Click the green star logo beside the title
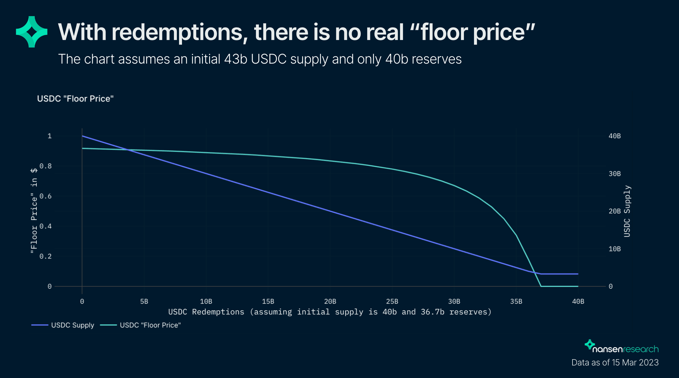click(32, 32)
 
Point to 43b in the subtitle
click(236, 59)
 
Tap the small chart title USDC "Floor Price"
click(75, 99)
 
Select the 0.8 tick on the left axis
click(46, 166)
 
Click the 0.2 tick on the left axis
click(46, 256)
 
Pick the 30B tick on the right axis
click(615, 174)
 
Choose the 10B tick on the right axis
click(615, 249)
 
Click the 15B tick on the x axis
click(268, 302)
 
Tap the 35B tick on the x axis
click(516, 302)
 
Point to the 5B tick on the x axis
click(144, 302)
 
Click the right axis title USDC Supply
click(627, 211)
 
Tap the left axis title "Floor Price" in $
click(34, 211)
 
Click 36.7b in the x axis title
click(432, 312)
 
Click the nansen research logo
click(622, 347)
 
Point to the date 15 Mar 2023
click(635, 362)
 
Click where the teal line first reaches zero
click(541, 286)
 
